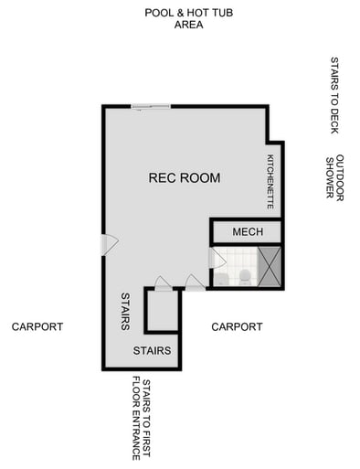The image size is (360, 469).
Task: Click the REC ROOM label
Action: point(184,178)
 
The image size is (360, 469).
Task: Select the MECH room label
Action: point(247,232)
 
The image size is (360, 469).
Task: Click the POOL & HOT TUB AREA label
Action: point(175,18)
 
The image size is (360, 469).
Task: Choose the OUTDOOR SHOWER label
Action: point(334,176)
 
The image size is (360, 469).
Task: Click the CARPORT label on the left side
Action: point(37,326)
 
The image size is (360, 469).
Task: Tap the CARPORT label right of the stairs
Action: point(237,326)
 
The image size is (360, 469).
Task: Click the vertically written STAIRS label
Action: point(126,312)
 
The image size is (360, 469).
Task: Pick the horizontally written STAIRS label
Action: point(152,351)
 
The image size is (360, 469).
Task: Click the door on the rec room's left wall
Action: point(107,244)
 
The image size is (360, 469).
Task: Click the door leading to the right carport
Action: point(195,282)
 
